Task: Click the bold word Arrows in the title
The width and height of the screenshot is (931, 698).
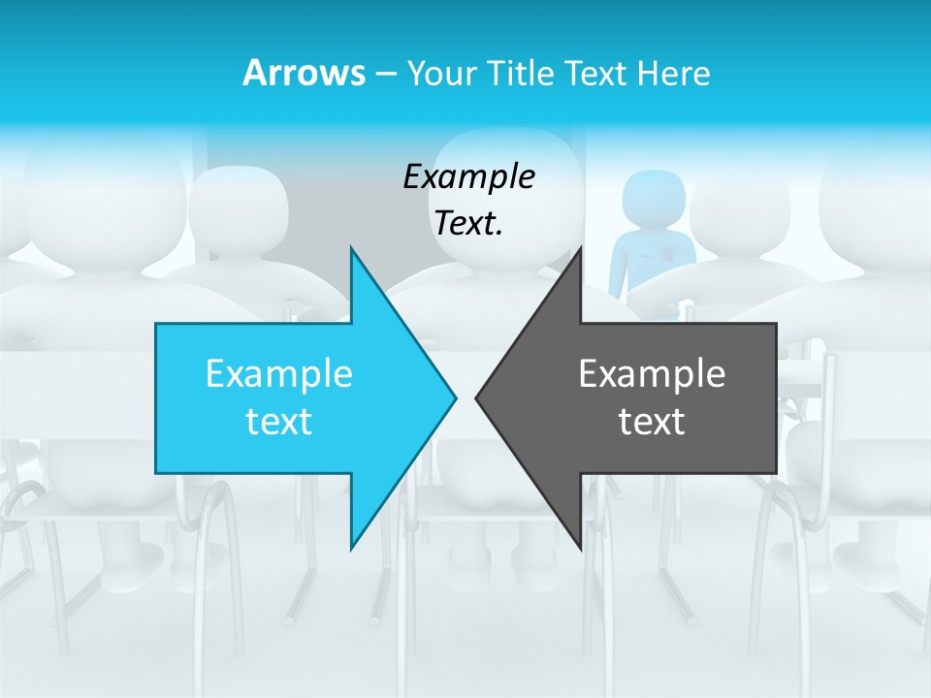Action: [x=304, y=73]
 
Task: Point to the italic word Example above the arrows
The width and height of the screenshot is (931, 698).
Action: [x=469, y=176]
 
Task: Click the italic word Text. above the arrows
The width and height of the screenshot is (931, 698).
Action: [x=469, y=224]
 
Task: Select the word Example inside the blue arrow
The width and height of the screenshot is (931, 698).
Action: [x=279, y=373]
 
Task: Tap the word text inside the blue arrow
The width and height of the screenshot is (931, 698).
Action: [x=279, y=421]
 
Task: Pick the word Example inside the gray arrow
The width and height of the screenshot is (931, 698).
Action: [x=652, y=373]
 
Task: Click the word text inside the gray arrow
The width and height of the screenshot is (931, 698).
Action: [x=652, y=421]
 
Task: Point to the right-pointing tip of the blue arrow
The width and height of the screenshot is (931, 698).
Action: [x=455, y=397]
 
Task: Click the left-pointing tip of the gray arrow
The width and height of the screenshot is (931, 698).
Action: [x=477, y=397]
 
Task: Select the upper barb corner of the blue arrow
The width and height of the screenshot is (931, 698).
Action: [x=351, y=249]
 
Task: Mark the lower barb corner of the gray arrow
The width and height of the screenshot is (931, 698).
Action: [x=580, y=548]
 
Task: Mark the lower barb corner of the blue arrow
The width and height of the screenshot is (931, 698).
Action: [x=351, y=548]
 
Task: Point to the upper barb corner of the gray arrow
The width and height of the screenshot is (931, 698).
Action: [x=580, y=249]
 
